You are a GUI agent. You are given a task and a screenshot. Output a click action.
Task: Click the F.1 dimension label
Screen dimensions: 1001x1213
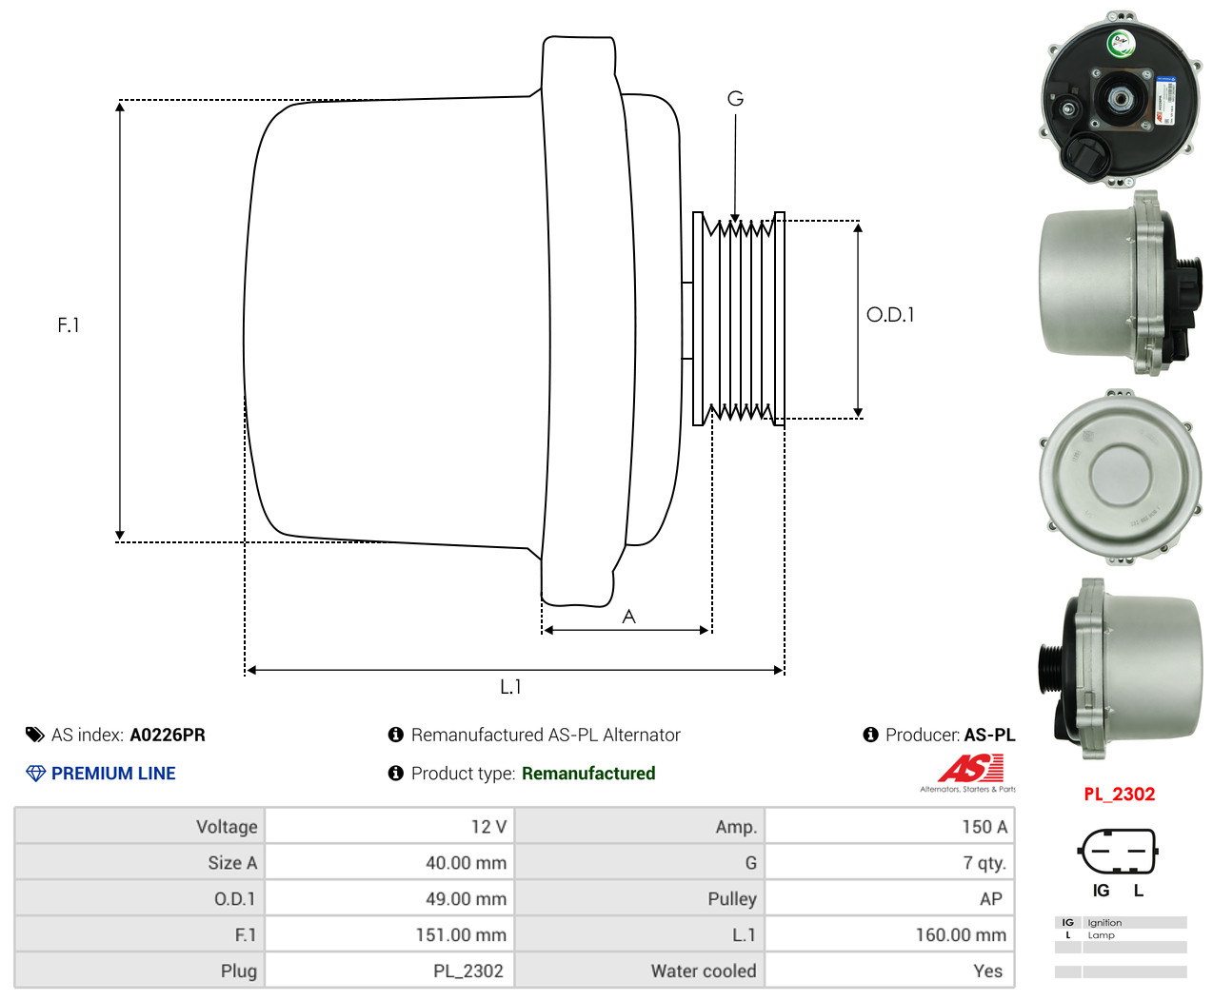click(69, 325)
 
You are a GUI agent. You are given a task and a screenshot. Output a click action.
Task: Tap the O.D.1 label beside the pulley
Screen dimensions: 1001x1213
click(890, 315)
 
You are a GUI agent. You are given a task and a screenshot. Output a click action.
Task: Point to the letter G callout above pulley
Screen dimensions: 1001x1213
click(735, 99)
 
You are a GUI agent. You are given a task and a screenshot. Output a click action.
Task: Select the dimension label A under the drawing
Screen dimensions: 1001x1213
click(628, 617)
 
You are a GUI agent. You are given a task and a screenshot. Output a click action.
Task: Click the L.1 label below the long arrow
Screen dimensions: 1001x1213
click(510, 686)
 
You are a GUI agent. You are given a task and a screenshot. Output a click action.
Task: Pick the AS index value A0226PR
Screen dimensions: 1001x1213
click(168, 735)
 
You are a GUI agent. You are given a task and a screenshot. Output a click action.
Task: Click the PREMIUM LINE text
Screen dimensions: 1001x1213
click(113, 774)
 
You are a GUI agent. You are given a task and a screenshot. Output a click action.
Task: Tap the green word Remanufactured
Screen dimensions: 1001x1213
click(588, 774)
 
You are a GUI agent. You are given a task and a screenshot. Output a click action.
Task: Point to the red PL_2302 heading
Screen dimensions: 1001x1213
click(1119, 795)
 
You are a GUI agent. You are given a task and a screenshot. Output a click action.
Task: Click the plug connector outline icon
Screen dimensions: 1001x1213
click(1118, 851)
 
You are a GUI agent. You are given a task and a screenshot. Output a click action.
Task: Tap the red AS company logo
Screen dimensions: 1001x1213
click(971, 768)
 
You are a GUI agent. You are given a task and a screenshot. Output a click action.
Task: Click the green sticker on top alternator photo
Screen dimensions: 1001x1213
click(1120, 43)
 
